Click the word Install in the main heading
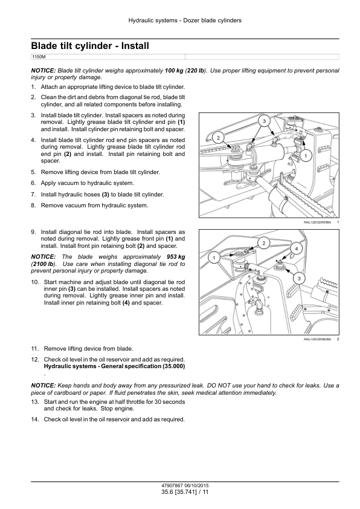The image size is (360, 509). [135, 46]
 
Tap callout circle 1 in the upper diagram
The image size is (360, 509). [305, 156]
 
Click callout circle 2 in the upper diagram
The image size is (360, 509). [218, 138]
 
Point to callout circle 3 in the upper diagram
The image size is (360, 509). [264, 121]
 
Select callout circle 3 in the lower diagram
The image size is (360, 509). [299, 278]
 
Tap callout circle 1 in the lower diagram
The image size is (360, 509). [214, 258]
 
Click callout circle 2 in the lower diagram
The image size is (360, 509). [264, 243]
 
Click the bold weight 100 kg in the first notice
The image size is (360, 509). [174, 71]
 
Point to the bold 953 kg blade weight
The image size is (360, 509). [176, 257]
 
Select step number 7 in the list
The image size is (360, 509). [33, 195]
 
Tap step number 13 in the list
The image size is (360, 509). [34, 401]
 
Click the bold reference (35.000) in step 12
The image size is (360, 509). [173, 366]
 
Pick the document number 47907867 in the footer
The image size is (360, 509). [170, 485]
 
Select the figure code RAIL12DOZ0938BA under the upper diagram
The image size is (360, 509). [317, 222]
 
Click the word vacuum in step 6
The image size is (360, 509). [68, 183]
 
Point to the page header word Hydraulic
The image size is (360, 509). [140, 21]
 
